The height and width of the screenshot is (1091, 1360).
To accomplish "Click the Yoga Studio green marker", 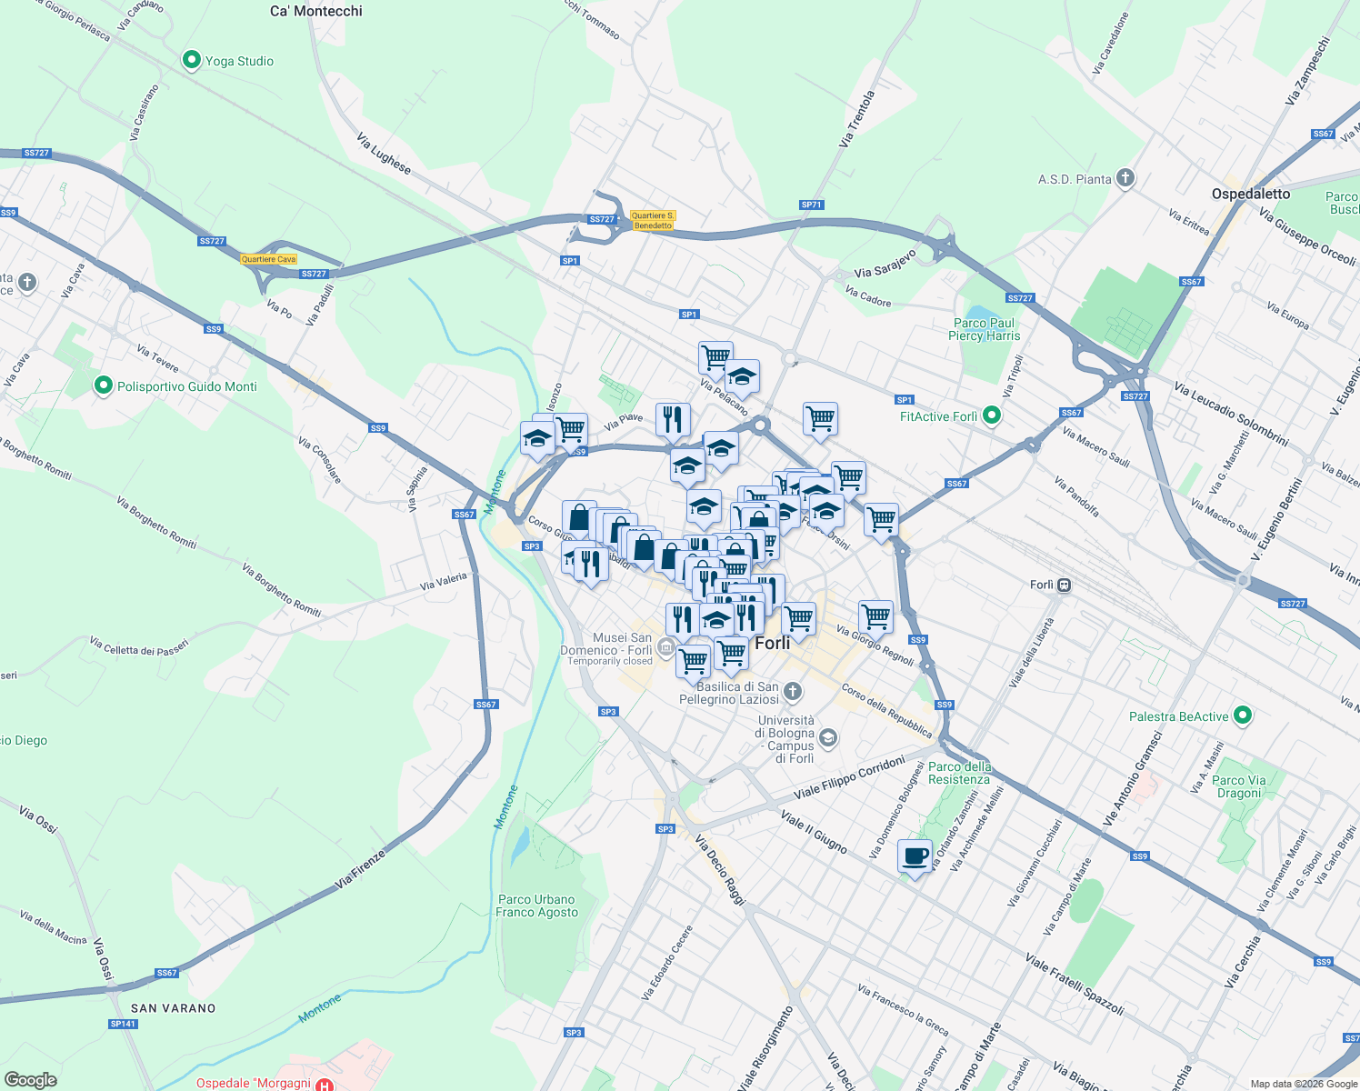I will (191, 61).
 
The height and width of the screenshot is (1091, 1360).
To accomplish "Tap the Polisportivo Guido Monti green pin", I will (104, 386).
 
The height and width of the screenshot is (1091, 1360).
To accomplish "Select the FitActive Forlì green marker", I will (992, 416).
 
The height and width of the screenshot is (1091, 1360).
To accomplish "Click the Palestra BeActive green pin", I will (1243, 716).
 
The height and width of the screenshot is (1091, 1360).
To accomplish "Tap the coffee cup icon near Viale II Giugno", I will (915, 856).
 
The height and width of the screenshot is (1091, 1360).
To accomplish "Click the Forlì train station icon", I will (1064, 585).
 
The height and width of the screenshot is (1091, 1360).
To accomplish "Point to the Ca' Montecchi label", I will (316, 11).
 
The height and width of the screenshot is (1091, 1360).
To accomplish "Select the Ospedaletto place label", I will (1250, 194).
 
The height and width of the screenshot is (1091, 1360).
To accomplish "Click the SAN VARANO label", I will (174, 1008).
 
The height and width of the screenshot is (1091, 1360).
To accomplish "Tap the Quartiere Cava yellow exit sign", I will (269, 259).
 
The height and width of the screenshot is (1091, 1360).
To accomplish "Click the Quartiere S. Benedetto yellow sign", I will (653, 221).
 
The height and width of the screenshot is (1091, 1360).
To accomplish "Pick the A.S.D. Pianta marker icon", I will (1125, 178).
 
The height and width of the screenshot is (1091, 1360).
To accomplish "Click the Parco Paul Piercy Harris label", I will (984, 329).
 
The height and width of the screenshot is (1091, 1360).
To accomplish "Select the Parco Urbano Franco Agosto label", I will (536, 906).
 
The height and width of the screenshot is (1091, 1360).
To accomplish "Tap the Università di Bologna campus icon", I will (827, 737).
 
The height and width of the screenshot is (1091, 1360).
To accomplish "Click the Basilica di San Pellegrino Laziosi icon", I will (793, 693).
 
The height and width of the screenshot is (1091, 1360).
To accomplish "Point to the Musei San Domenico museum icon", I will (665, 648).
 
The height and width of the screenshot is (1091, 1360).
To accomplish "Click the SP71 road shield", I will (811, 205).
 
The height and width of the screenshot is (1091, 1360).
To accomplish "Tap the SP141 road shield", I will (123, 1024).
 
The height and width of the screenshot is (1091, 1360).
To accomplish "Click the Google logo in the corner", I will (30, 1079).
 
